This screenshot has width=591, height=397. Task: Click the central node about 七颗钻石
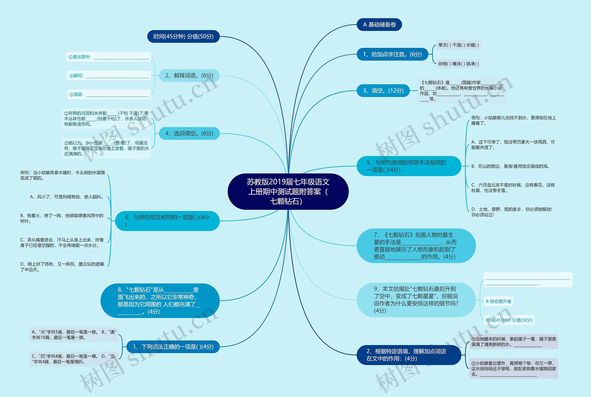[288, 191]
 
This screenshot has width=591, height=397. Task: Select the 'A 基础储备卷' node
[379, 24]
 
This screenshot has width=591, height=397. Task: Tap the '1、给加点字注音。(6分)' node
[392, 54]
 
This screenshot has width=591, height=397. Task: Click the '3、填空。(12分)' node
[383, 91]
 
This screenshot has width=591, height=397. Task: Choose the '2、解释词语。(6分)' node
[189, 76]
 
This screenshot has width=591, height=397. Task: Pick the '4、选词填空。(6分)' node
[189, 133]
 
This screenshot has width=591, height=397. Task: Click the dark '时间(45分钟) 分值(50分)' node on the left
[183, 37]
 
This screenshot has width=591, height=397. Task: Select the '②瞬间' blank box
[109, 76]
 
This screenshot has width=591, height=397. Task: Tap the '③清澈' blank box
[109, 95]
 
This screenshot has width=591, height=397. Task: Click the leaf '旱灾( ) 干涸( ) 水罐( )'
[458, 45]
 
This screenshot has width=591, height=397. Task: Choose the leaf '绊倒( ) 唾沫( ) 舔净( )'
[458, 64]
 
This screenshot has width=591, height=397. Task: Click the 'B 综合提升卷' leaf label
[498, 301]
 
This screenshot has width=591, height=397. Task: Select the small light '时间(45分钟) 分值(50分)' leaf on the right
[509, 320]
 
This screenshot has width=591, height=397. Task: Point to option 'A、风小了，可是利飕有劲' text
[67, 197]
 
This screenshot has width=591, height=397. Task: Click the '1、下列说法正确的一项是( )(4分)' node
[173, 347]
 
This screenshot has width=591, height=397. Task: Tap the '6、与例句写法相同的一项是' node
[167, 221]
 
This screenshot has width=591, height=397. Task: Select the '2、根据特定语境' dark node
[409, 355]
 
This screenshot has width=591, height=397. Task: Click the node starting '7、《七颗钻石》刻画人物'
[416, 246]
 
